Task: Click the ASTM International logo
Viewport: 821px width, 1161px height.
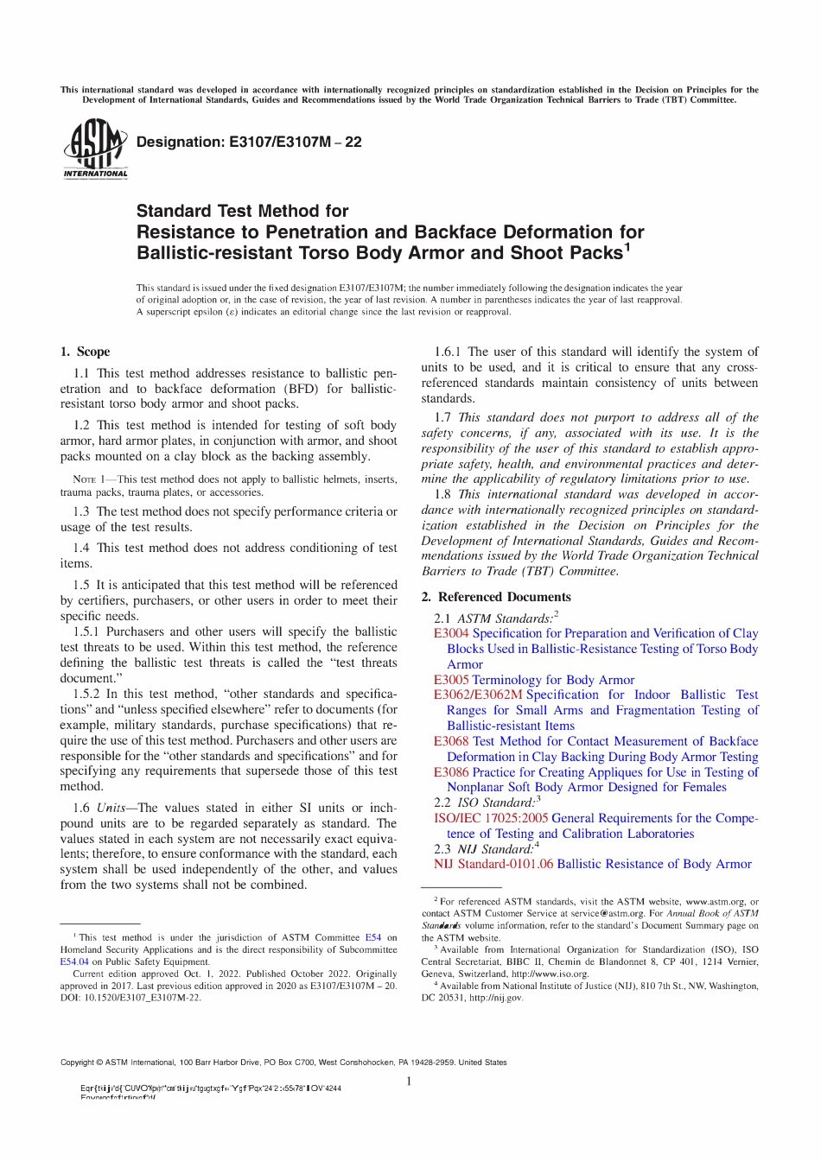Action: tap(95, 149)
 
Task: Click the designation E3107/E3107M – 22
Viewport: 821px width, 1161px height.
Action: tap(249, 143)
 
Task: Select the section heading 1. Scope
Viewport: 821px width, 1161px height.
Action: tap(85, 352)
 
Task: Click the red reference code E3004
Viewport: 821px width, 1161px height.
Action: tap(451, 633)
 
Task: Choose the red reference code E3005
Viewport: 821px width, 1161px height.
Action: tap(451, 680)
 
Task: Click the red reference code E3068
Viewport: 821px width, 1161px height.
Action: tap(451, 741)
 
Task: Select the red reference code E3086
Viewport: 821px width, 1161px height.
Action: tap(451, 772)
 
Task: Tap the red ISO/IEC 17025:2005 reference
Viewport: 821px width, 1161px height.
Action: tap(490, 818)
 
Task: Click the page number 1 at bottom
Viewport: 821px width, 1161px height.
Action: tap(409, 1082)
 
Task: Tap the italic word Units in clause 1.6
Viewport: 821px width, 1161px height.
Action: tap(111, 808)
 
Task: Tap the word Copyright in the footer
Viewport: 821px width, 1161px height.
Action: tap(77, 1063)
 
